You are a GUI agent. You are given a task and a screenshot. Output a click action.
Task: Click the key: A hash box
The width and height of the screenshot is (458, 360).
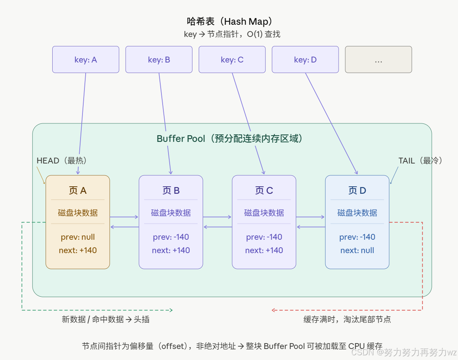(x=86, y=60)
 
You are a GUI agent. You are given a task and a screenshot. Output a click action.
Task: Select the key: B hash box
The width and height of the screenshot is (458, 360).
(x=159, y=60)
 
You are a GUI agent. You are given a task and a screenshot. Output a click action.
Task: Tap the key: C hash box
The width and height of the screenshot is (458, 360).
(x=232, y=60)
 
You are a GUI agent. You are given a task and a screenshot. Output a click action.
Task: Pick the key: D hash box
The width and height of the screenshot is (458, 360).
(x=305, y=60)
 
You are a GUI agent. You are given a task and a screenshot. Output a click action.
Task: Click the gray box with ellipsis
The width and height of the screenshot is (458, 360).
(x=378, y=60)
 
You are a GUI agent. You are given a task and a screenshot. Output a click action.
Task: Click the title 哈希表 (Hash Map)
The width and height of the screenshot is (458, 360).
(x=230, y=21)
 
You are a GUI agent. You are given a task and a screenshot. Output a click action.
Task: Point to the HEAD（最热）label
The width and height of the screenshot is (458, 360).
(x=62, y=160)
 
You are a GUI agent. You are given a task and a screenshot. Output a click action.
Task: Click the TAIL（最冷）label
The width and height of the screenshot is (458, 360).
(x=420, y=160)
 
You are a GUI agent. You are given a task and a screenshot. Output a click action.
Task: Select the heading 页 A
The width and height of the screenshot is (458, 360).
(x=78, y=191)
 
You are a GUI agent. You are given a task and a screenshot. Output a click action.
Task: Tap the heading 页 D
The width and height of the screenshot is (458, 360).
(x=357, y=191)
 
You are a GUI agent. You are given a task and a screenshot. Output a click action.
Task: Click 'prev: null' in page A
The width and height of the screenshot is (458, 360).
(x=78, y=237)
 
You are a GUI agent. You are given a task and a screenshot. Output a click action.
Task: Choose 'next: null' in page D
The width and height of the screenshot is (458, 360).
(x=357, y=250)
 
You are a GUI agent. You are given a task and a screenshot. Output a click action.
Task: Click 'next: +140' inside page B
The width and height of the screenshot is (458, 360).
(x=171, y=250)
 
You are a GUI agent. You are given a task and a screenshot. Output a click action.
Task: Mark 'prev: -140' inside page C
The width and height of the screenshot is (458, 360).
(x=264, y=237)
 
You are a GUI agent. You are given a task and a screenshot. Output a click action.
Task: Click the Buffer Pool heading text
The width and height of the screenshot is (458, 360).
(x=230, y=138)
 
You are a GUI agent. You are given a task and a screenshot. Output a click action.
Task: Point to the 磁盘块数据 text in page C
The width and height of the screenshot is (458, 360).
(x=264, y=213)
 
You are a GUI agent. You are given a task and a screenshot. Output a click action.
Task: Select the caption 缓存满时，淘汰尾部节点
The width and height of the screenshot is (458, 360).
(x=347, y=319)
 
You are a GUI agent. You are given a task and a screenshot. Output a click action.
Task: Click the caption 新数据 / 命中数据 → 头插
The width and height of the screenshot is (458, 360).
(x=106, y=319)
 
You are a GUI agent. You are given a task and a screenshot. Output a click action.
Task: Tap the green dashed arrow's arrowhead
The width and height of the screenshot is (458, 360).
(x=170, y=310)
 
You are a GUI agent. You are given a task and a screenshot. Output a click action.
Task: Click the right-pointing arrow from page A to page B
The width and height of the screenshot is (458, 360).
(x=124, y=217)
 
